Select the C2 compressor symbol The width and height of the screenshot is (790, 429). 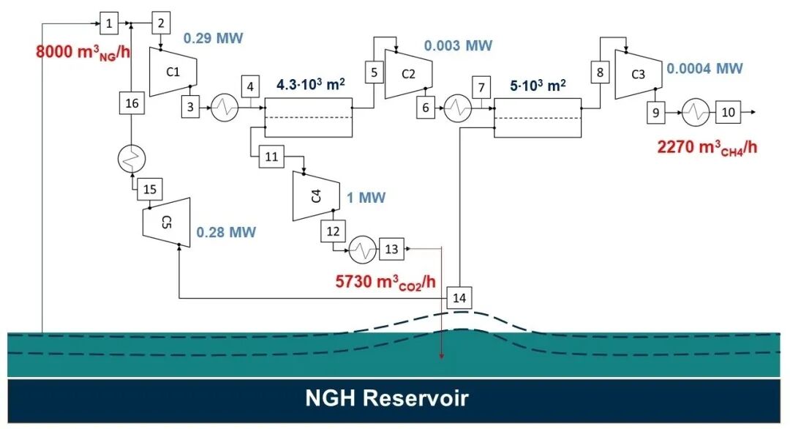408,74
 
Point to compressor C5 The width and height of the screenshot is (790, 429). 166,223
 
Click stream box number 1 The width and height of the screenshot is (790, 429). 108,23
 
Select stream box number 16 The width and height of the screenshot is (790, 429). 132,104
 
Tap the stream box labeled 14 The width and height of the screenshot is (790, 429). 459,297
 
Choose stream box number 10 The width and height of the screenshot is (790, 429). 728,113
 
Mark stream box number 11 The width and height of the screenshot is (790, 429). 271,157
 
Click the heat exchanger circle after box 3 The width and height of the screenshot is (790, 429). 224,108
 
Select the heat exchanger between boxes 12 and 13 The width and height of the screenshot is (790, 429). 361,250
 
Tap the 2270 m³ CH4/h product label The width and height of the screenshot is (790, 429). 707,147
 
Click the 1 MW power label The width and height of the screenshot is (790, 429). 366,198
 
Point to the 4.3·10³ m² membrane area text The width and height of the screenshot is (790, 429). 311,85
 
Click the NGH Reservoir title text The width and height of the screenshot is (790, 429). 386,399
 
